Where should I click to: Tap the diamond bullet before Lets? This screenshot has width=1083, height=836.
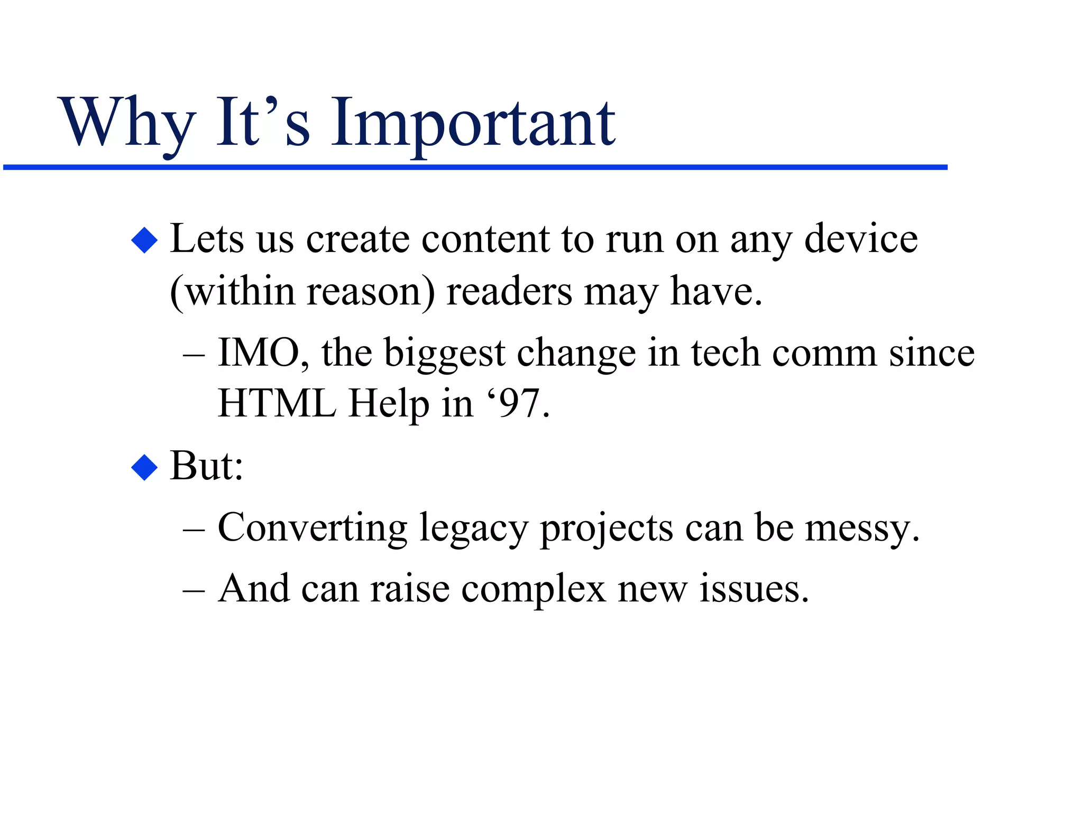(144, 240)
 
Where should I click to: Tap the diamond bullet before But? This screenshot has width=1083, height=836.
(144, 467)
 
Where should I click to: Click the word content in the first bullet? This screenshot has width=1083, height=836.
(485, 239)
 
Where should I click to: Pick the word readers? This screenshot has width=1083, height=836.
(509, 292)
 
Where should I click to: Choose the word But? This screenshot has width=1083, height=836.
(206, 466)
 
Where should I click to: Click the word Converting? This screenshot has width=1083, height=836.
(313, 527)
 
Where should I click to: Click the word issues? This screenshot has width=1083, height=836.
(754, 589)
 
